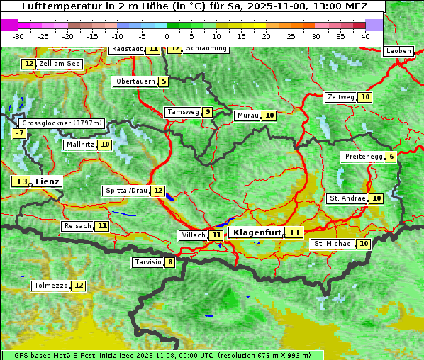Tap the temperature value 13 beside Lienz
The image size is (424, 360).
tap(21, 182)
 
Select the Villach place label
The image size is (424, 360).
tap(193, 235)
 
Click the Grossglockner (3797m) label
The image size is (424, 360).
tap(62, 123)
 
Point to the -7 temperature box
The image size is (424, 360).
tap(19, 133)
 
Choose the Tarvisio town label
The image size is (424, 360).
tap(147, 263)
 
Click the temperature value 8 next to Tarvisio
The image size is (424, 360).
tap(169, 263)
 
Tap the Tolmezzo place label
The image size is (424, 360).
tap(50, 286)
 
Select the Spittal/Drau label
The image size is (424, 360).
tap(125, 191)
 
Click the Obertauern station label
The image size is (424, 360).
tap(135, 81)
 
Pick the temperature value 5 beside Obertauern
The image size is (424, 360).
tap(164, 81)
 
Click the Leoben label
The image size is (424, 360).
tap(398, 51)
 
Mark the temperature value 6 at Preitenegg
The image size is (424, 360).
tap(391, 157)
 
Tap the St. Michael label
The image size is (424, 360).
tap(333, 244)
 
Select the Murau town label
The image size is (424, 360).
tap(247, 116)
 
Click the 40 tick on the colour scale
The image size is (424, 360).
tap(365, 36)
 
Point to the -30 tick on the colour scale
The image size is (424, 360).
tap(18, 36)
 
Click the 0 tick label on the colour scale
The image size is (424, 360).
tap(167, 36)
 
